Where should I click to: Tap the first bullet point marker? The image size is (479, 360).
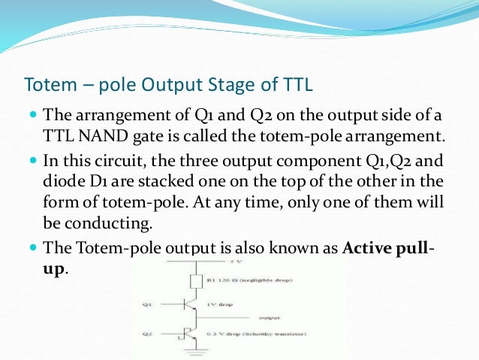(x=33, y=116)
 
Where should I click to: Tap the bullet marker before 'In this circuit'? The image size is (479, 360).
(x=33, y=160)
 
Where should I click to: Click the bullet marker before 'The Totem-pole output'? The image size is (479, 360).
(x=33, y=247)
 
